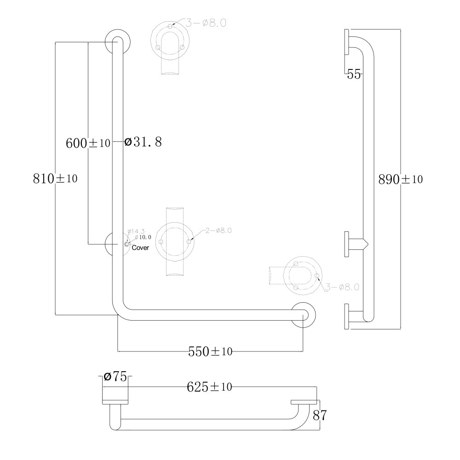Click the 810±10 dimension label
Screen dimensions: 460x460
click(x=55, y=178)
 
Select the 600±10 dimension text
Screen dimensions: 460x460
click(x=88, y=143)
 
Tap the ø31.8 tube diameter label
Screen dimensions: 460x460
click(x=143, y=142)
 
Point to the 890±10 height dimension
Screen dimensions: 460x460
click(x=401, y=179)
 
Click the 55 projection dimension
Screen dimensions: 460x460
click(x=353, y=74)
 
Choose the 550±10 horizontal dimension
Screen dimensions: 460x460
click(x=210, y=351)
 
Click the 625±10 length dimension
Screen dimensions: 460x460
click(x=209, y=387)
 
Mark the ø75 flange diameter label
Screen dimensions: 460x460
click(x=115, y=376)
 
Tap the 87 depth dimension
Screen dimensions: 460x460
click(x=320, y=415)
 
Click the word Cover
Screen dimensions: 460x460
click(x=140, y=247)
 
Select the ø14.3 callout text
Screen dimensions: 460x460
click(x=136, y=231)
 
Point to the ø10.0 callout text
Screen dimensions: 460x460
click(x=143, y=237)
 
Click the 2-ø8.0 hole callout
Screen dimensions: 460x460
click(x=218, y=230)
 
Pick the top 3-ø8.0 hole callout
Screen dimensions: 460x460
click(x=206, y=23)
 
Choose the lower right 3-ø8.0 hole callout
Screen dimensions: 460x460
click(x=342, y=287)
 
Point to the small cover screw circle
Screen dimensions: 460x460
click(x=127, y=244)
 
